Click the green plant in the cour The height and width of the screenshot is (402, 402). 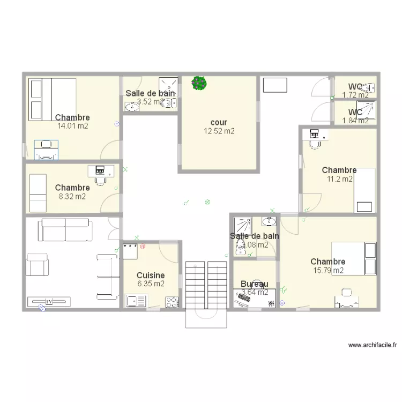(x=199, y=83)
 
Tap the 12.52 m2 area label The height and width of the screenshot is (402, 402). (x=219, y=131)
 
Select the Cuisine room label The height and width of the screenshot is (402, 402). (x=151, y=276)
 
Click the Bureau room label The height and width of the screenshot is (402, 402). (x=254, y=284)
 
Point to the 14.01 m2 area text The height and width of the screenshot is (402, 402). (x=72, y=126)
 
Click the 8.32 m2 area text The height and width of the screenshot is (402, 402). (x=72, y=196)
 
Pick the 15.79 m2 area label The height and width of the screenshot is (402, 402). (x=328, y=270)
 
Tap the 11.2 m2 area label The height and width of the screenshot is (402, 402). (x=340, y=179)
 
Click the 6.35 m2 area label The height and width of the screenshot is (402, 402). (x=151, y=284)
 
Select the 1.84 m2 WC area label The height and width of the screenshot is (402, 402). (x=355, y=121)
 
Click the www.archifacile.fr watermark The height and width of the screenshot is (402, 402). (x=371, y=345)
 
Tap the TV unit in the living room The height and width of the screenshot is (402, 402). (x=49, y=301)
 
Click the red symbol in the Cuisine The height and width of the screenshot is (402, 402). (x=143, y=247)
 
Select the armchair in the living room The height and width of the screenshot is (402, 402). (x=38, y=266)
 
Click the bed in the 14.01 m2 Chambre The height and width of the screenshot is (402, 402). (x=53, y=100)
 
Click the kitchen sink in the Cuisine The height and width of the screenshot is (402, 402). (x=133, y=301)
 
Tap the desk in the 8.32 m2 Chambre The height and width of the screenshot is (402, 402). (x=101, y=170)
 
